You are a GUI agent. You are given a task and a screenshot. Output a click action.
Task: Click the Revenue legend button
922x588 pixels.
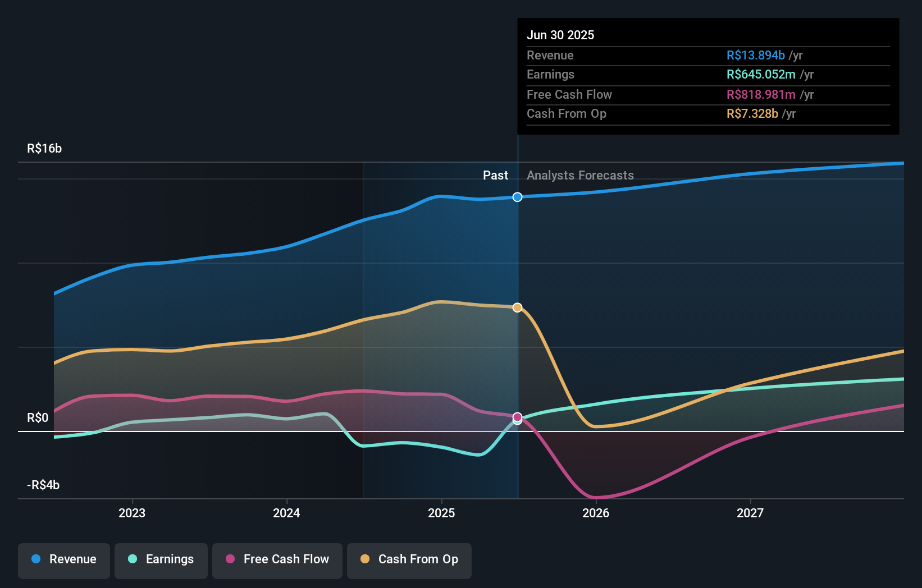[x=64, y=559]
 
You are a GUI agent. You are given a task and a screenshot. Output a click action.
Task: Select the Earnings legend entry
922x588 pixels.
[x=161, y=559]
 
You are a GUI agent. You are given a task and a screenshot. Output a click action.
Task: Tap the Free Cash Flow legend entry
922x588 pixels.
[x=277, y=559]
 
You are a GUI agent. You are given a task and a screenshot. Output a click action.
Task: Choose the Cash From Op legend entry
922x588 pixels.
[x=409, y=559]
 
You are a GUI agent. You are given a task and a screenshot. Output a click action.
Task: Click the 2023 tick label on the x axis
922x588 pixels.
[x=132, y=513]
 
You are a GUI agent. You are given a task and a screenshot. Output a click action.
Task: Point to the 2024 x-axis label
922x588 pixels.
[x=286, y=513]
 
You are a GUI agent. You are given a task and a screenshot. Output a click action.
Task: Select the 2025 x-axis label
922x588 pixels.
[x=441, y=513]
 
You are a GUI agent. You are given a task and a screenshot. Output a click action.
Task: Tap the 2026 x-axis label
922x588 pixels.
[x=596, y=513]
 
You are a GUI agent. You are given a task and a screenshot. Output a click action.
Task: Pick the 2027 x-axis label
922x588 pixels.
[x=750, y=513]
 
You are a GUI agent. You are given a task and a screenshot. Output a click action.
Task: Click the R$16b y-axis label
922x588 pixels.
[x=44, y=148]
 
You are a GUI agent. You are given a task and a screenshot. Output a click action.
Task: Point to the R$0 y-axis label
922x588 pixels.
[x=38, y=417]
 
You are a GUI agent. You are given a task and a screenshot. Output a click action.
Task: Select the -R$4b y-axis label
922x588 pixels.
[x=43, y=485]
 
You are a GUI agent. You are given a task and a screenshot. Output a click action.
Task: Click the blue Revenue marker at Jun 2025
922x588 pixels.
[x=518, y=197]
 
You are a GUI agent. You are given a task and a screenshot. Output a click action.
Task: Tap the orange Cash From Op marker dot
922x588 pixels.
[x=518, y=307]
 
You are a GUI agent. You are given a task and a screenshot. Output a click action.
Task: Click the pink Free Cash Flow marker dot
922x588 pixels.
[x=518, y=417]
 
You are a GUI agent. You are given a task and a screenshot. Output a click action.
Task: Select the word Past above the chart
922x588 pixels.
[x=495, y=175]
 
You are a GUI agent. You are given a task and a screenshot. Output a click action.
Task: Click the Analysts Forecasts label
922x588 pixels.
[x=580, y=175]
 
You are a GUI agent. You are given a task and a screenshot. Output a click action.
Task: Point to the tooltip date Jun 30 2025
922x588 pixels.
[x=560, y=35]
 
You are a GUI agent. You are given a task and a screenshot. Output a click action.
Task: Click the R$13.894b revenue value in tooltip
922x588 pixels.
[x=755, y=55]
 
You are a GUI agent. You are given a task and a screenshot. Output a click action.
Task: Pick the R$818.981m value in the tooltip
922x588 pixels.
[x=761, y=94]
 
